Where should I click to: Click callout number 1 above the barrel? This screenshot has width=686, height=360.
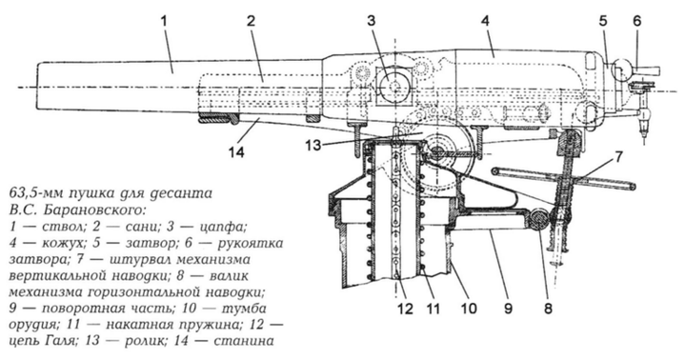(x=164, y=22)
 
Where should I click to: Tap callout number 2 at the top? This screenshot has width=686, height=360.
(x=251, y=22)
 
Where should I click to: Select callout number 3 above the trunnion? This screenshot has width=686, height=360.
(x=372, y=22)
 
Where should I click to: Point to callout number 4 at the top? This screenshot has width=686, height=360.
(x=485, y=22)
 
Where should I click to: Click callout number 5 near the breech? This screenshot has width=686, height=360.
(x=603, y=22)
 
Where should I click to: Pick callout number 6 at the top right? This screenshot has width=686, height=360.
(x=637, y=22)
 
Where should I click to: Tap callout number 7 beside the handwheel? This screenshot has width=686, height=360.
(x=618, y=157)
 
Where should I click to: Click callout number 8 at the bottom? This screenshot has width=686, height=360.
(x=548, y=309)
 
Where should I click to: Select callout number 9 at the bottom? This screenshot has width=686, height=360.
(x=508, y=309)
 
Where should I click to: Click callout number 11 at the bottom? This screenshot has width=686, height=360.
(x=433, y=309)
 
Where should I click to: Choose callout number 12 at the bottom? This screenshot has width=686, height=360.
(x=405, y=309)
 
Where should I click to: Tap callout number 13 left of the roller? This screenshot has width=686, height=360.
(x=313, y=145)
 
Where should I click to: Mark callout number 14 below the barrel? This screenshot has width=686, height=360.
(x=235, y=151)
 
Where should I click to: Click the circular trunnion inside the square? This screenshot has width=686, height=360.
(x=394, y=86)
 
